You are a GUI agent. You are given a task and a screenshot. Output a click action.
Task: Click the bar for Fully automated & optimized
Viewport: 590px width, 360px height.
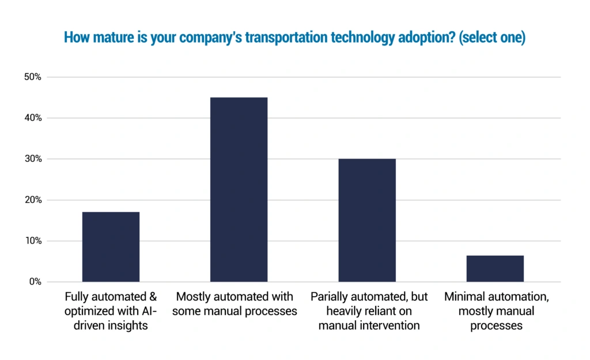[x=111, y=247]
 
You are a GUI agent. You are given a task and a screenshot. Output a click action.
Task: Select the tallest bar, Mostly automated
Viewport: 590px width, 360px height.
[x=239, y=190]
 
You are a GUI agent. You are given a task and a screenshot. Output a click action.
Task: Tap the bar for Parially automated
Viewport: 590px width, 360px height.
[x=367, y=220]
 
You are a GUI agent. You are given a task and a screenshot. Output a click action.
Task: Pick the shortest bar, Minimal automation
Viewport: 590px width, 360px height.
[x=495, y=268]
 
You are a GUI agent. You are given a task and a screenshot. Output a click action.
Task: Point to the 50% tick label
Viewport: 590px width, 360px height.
[x=33, y=77]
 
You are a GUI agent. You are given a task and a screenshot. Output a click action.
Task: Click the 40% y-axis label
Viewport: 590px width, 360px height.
[x=33, y=118]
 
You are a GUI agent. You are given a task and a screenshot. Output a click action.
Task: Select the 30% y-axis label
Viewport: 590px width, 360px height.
[x=33, y=159]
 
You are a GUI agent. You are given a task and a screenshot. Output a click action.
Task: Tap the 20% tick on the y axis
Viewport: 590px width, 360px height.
[x=33, y=200]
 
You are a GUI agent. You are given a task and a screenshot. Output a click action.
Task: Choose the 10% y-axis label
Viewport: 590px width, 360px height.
[x=33, y=241]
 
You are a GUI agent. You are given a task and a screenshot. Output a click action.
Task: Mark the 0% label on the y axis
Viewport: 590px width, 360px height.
[x=35, y=282]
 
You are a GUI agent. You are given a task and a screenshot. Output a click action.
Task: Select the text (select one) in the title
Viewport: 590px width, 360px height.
[x=492, y=37]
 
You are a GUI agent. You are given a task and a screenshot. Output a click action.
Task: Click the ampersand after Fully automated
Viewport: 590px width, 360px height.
[x=153, y=297]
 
